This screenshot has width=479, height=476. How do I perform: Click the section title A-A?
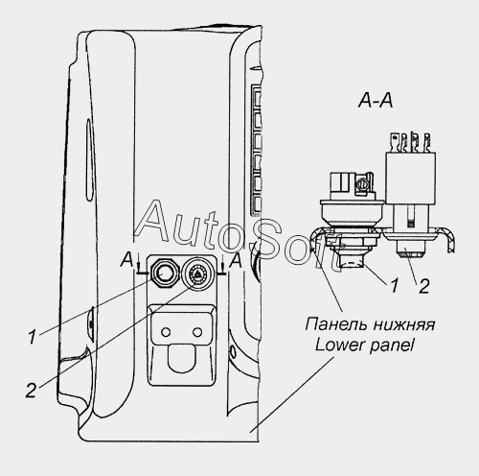click(x=376, y=101)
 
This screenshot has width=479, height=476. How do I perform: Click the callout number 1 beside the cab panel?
click(x=33, y=337)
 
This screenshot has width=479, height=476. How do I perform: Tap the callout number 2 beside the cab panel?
click(x=31, y=391)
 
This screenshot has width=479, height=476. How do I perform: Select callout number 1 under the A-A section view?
click(x=395, y=285)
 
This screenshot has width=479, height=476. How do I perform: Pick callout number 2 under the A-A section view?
click(x=423, y=286)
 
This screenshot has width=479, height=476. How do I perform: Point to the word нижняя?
click(x=403, y=324)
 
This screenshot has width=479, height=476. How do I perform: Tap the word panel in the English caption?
click(x=392, y=346)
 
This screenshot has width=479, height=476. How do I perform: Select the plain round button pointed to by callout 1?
click(x=163, y=273)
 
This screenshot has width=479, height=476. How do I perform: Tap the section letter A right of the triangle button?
click(x=236, y=260)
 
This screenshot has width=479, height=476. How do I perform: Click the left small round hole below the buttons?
click(x=166, y=332)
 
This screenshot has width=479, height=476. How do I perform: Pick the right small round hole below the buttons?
click(x=197, y=332)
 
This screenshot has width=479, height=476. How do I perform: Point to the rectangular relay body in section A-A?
click(x=411, y=178)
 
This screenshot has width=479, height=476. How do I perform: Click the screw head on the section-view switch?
click(x=363, y=184)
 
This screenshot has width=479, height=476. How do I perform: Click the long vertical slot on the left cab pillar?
click(x=89, y=159)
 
